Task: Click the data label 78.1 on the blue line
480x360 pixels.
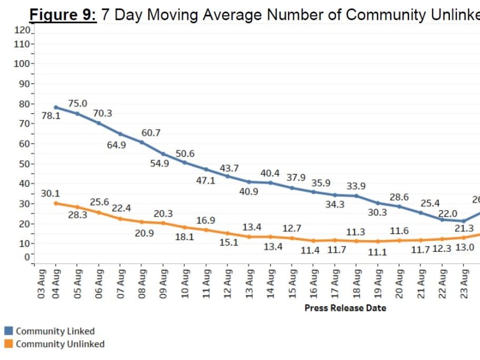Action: pos(51,116)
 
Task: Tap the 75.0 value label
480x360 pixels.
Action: pos(77,103)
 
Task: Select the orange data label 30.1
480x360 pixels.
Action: pos(50,194)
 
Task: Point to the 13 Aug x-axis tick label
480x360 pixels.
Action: pos(249,285)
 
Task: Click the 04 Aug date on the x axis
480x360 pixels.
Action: pos(56,285)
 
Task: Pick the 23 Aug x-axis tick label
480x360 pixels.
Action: pos(464,285)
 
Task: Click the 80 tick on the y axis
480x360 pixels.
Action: pos(23,104)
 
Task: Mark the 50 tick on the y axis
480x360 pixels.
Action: pos(23,164)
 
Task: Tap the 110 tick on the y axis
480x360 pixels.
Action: pos(21,43)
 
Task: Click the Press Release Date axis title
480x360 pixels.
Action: pos(345,308)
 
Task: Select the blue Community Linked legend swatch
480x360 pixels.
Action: pos(9,331)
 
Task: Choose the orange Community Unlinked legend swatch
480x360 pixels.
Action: pos(9,344)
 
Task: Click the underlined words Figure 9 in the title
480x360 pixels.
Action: pos(63,14)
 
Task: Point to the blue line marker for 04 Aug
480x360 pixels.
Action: pos(56,107)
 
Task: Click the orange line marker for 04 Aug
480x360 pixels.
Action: pos(56,203)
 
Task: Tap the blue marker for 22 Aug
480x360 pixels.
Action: pos(442,219)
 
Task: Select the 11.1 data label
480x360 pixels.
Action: pos(377,252)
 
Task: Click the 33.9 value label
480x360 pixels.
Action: pos(356,186)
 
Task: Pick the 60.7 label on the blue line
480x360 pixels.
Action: pos(150,133)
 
